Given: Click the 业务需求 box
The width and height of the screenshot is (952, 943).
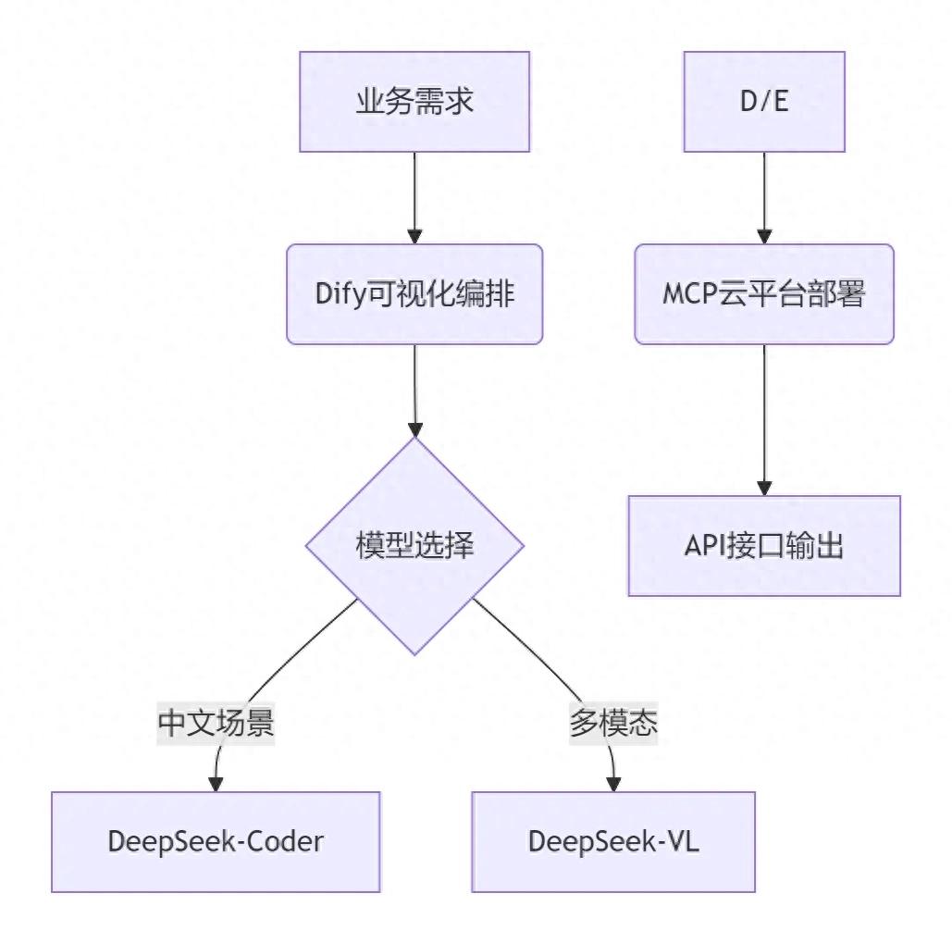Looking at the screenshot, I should coord(414,102).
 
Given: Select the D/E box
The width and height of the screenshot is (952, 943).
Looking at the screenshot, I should coord(764,102).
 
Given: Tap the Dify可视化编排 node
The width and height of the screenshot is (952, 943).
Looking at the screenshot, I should coord(414,294).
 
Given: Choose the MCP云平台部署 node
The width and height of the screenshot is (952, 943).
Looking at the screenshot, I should coord(764,294).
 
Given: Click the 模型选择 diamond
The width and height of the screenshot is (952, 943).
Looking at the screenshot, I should coord(414,546).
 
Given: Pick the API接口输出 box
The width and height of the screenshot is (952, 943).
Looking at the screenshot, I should coord(764,546).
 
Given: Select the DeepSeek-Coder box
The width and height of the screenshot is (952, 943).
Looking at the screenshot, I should coord(216,841).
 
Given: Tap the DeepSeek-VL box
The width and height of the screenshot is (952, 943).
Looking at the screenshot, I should coord(613,841).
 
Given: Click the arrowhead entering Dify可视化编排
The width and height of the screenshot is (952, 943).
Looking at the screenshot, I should coord(414,236).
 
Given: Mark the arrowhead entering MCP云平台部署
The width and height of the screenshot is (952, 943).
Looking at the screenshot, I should coord(764,236).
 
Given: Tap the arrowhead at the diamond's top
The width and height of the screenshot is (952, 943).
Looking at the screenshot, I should coord(414,429).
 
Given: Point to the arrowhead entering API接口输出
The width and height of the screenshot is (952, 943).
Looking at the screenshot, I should coord(764,487).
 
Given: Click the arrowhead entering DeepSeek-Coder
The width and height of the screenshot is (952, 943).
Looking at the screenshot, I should coord(216,783).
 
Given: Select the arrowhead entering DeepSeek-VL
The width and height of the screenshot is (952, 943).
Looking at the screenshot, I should coord(613,783).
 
